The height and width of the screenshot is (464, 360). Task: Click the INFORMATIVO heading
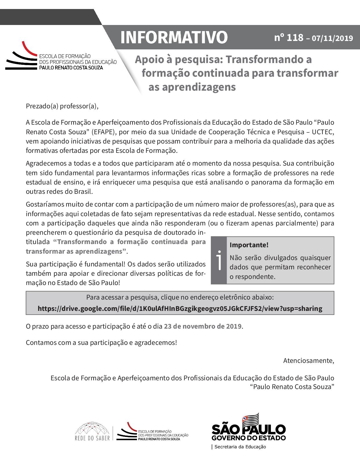174,37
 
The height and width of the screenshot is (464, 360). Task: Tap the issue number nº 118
289,38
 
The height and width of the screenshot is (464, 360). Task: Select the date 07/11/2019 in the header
332,38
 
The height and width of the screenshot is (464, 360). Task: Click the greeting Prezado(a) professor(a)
62,106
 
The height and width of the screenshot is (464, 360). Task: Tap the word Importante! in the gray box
249,245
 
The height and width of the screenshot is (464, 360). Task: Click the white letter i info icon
219,260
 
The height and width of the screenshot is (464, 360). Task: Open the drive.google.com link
180,308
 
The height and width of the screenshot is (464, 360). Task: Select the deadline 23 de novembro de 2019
203,326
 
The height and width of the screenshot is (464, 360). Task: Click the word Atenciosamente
309,361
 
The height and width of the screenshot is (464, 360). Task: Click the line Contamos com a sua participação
101,342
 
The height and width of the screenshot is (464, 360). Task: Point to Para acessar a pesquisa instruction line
180,298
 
